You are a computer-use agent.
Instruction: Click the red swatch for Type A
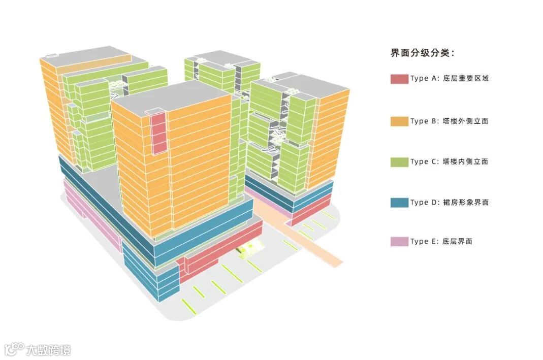[399, 79]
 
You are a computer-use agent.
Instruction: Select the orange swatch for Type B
[399, 121]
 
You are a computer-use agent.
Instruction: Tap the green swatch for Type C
[399, 162]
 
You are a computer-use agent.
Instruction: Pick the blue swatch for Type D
[399, 203]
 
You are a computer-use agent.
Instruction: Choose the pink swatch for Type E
[399, 242]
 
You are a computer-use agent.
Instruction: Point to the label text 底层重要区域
[465, 79]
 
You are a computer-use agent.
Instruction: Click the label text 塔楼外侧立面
[465, 121]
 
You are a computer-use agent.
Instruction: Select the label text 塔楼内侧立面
[465, 162]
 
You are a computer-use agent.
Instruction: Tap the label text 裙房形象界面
[465, 203]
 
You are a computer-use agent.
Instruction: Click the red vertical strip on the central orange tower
[159, 133]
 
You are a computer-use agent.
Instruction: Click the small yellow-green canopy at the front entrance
[250, 248]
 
